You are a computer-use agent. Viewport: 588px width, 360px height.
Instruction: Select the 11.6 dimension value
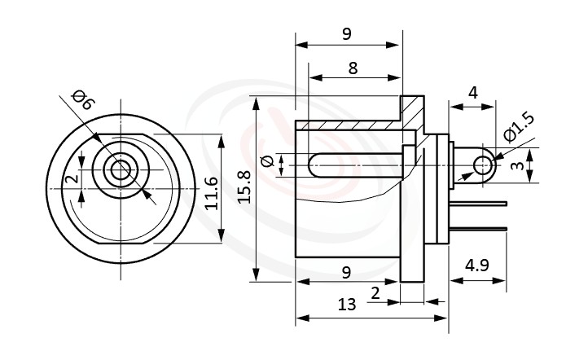211,192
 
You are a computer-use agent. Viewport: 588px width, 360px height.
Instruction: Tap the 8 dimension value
352,68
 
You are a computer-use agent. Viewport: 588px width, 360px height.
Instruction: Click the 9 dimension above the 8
347,33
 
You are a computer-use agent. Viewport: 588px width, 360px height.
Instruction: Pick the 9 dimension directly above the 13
347,272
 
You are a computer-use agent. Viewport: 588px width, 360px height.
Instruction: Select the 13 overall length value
347,305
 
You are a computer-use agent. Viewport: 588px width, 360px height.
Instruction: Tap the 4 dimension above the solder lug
472,93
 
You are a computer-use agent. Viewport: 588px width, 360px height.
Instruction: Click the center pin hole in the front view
120,170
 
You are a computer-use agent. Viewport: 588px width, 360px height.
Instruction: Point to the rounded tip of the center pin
314,165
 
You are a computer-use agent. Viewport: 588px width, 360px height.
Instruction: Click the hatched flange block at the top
413,108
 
